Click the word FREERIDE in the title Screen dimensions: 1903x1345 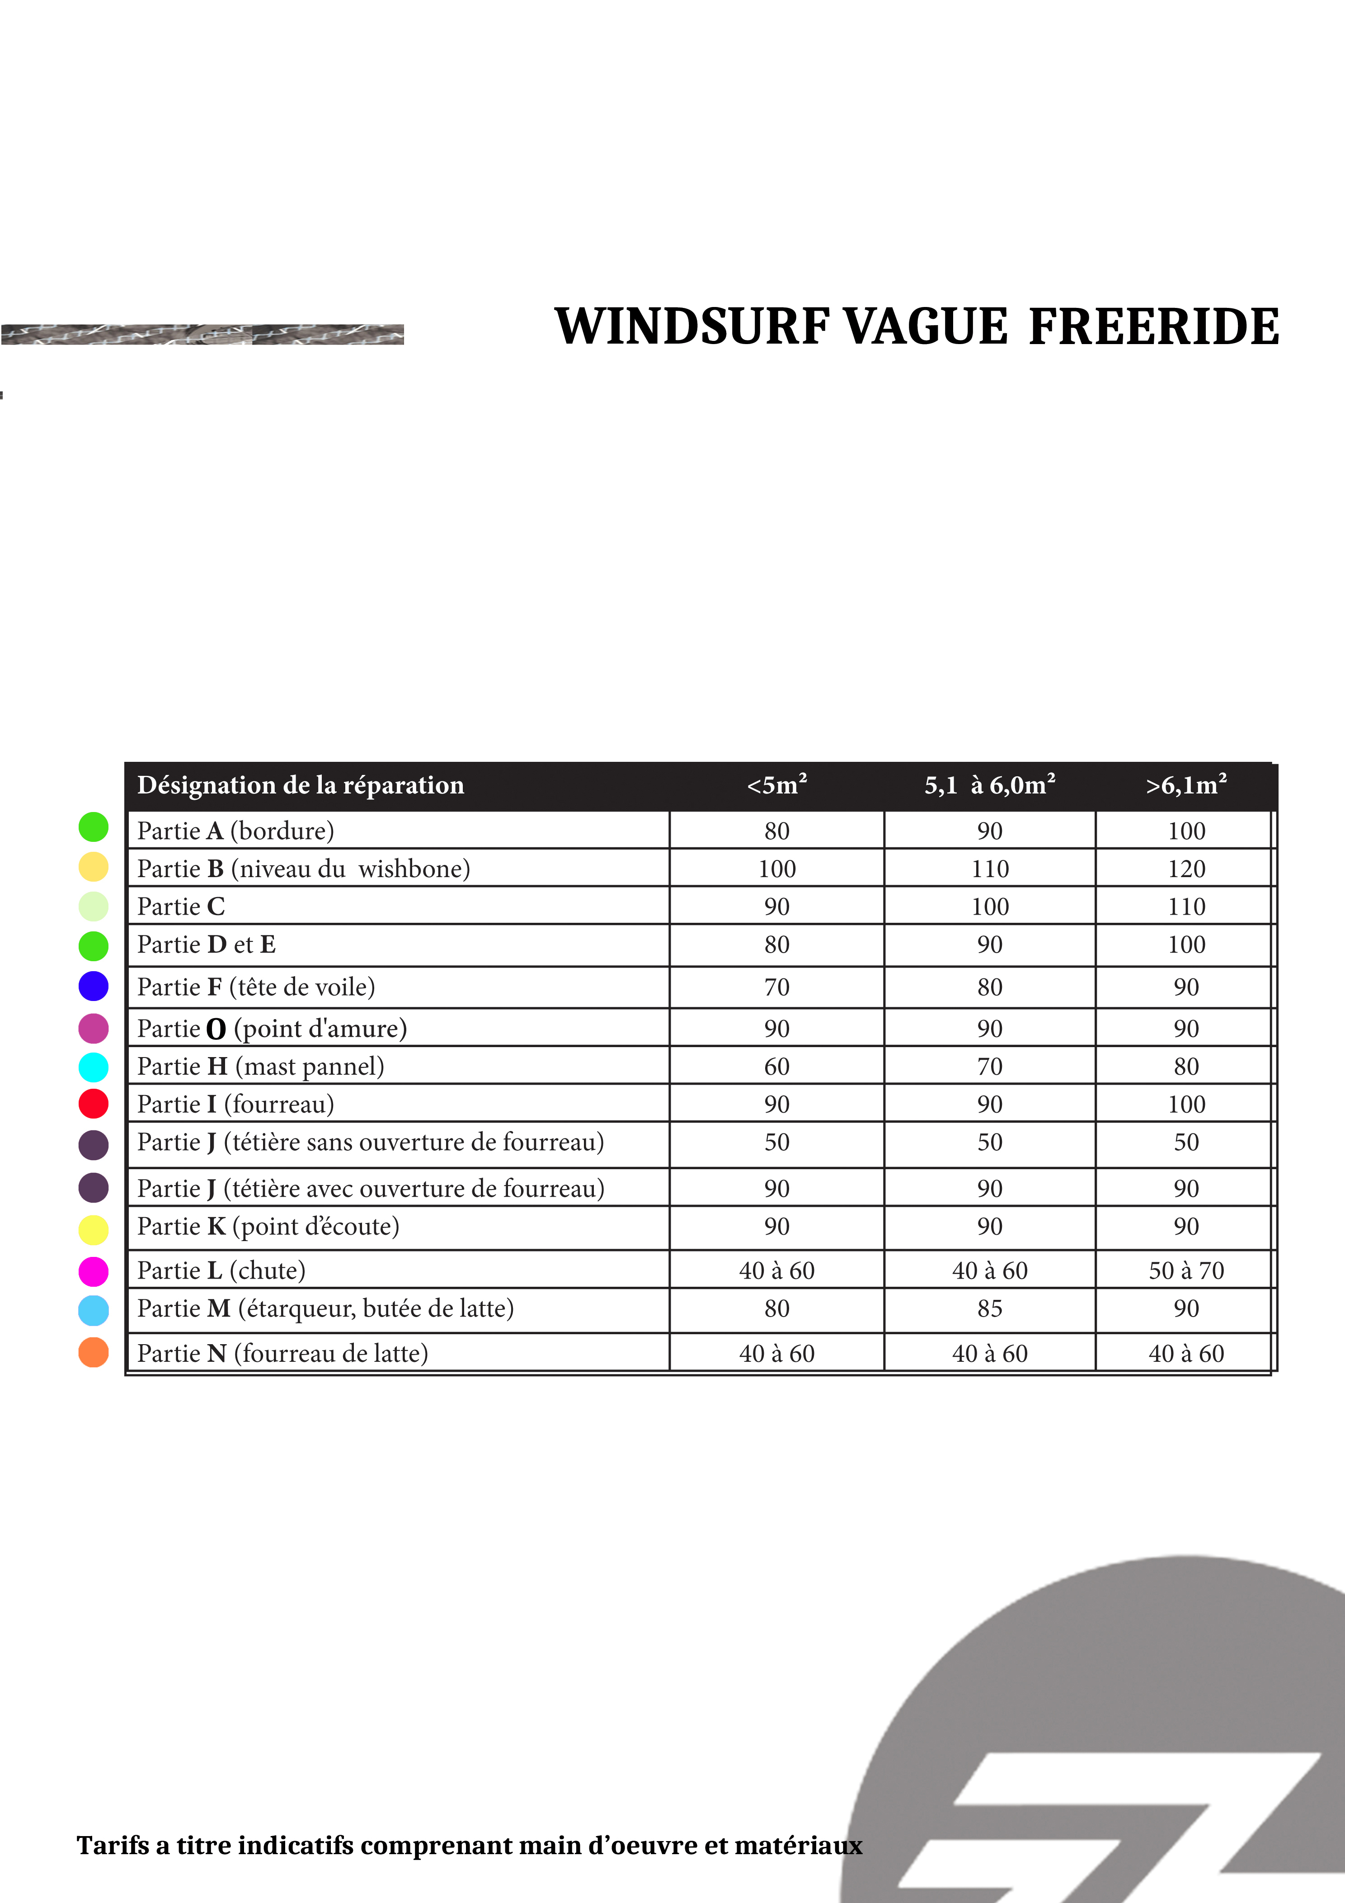coord(1153,326)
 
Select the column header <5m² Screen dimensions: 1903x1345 coord(776,785)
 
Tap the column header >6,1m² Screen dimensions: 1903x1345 coord(1186,785)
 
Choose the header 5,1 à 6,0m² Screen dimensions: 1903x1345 coord(989,785)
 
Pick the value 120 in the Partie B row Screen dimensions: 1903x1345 coord(1186,869)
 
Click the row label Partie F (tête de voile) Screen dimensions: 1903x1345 coord(256,987)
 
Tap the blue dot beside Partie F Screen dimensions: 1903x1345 coord(94,986)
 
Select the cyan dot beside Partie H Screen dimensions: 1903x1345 coord(94,1067)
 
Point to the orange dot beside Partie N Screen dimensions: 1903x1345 coord(94,1353)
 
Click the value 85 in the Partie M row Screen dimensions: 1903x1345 coord(989,1309)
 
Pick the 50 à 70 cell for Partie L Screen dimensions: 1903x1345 coord(1186,1270)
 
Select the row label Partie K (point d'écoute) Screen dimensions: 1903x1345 coord(268,1227)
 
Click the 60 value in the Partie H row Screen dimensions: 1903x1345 coord(776,1067)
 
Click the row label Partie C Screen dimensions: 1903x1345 coord(181,907)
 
